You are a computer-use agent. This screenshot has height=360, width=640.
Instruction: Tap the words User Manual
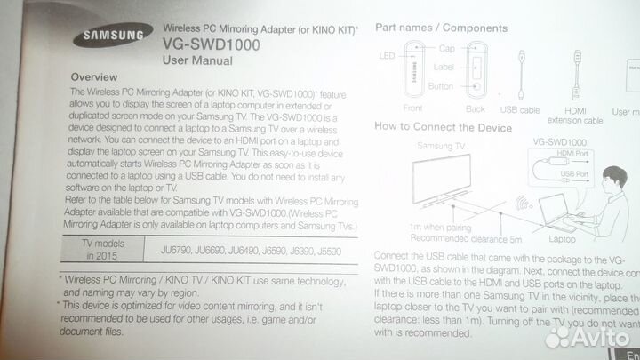[197, 60]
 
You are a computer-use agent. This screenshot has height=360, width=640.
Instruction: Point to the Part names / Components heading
[441, 28]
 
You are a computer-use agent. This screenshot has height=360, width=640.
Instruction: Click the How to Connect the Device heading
[444, 127]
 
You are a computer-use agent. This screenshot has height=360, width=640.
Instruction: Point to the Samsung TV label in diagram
[441, 144]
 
